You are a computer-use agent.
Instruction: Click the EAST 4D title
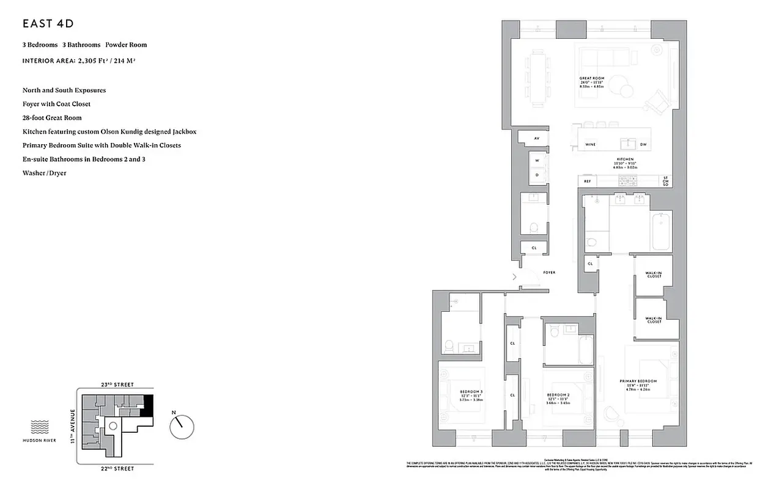coord(48,24)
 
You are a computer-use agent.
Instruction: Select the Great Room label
coord(591,79)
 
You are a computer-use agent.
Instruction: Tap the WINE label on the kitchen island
coord(590,145)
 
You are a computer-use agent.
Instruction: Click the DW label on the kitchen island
coord(643,145)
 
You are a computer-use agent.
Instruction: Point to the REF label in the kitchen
coord(587,181)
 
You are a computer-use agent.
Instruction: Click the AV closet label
coord(536,139)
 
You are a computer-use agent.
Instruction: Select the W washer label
coord(537,161)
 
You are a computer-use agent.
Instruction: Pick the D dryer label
coord(537,174)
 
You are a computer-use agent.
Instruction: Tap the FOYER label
coord(549,272)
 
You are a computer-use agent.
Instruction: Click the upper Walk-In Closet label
coord(654,274)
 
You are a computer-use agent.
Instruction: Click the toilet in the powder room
coord(533,227)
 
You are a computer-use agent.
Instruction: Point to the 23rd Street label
coord(117,384)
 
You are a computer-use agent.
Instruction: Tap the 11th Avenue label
coord(73,426)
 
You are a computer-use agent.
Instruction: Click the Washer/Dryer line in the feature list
coord(44,173)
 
